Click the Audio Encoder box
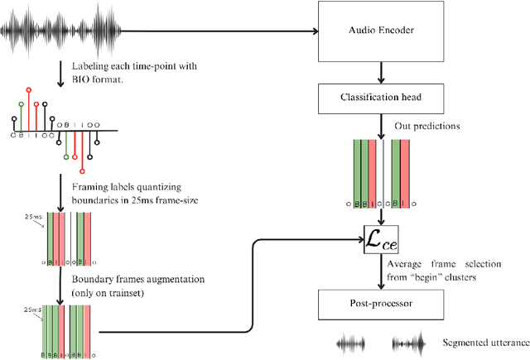pos(380,31)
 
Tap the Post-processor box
pos(380,305)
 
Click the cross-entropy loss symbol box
pos(380,239)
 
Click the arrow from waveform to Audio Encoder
pos(224,32)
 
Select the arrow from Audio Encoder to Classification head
pos(380,71)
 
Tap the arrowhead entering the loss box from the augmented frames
pos(361,239)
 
